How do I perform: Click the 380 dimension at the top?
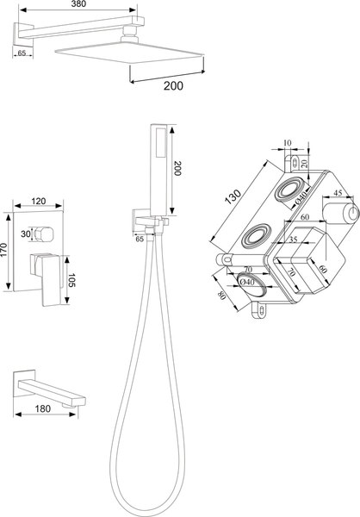point(78,4)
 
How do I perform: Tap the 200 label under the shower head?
point(173,85)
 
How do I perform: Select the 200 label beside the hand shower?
point(177,168)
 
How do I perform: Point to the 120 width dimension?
point(39,201)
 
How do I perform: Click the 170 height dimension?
point(3,252)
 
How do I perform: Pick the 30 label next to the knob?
point(25,234)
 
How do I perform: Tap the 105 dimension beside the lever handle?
point(72,280)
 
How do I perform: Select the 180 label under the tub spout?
point(43,408)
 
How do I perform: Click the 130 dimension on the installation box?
point(234,197)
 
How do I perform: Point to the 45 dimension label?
point(338,192)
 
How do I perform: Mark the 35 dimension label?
point(293,240)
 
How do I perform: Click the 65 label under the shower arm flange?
point(22,53)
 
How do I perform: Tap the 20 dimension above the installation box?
point(304,163)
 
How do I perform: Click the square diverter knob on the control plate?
point(43,234)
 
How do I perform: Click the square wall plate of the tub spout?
point(24,384)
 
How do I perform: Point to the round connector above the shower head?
point(130,32)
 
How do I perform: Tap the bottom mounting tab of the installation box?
point(258,310)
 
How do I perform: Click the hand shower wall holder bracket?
point(150,221)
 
